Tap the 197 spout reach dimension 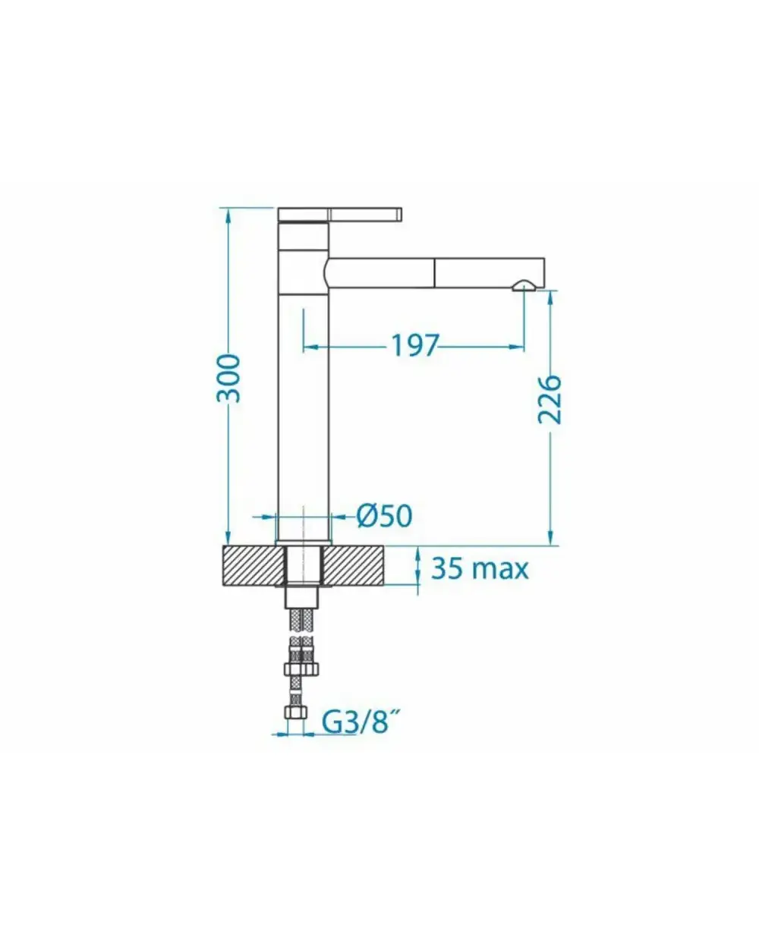point(415,345)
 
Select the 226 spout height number point(550,400)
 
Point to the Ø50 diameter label point(384,516)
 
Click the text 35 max point(480,568)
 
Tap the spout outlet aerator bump point(524,286)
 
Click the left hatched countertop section point(253,566)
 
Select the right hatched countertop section point(354,566)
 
